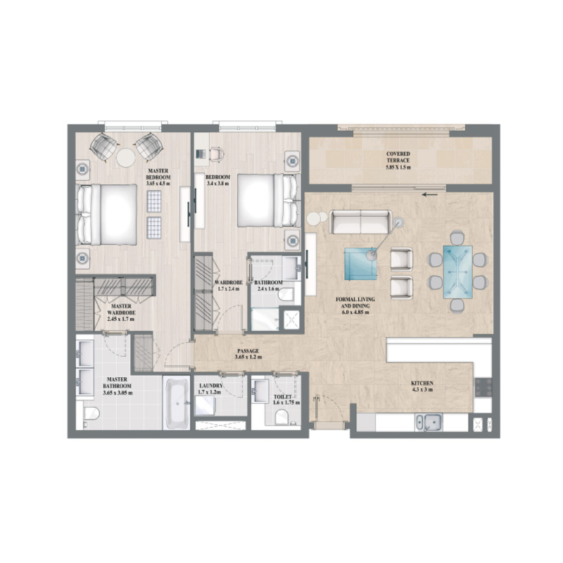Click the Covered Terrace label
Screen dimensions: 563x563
pos(398,158)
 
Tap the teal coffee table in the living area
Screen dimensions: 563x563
pos(360,263)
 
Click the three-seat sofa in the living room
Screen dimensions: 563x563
pos(360,222)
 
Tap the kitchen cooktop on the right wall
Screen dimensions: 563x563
pos(483,386)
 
